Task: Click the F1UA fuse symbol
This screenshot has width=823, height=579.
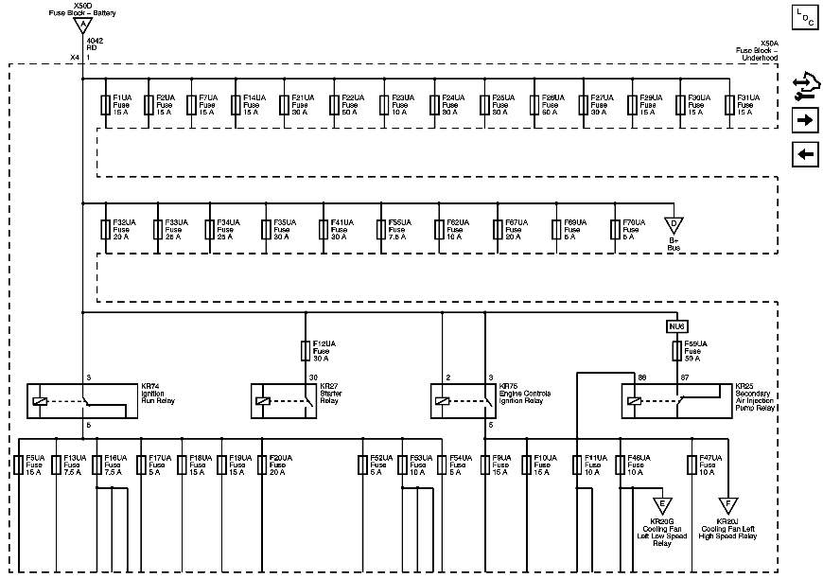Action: pyautogui.click(x=105, y=104)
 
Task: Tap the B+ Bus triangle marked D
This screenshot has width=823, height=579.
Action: pyautogui.click(x=674, y=225)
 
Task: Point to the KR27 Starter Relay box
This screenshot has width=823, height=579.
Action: pyautogui.click(x=281, y=400)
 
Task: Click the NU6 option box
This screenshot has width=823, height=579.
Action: pyautogui.click(x=675, y=325)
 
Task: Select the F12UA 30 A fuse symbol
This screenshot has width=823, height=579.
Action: pyautogui.click(x=306, y=350)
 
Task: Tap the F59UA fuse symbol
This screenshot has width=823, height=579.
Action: pyautogui.click(x=675, y=351)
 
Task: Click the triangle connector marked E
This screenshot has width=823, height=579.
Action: pyautogui.click(x=662, y=504)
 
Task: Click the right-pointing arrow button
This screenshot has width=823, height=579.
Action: pyautogui.click(x=805, y=120)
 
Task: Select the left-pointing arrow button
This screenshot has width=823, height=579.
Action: pyautogui.click(x=805, y=154)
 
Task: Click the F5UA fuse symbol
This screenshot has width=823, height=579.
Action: pyautogui.click(x=20, y=465)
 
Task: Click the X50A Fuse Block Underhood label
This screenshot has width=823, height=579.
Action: pyautogui.click(x=756, y=50)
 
